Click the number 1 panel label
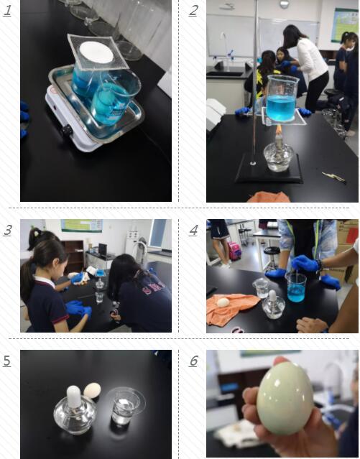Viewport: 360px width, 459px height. (x=7, y=10)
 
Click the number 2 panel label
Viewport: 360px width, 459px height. (x=193, y=10)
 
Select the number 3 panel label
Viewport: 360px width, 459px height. (x=7, y=231)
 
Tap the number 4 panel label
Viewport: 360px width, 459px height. (x=193, y=231)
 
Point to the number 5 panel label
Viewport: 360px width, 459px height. (x=7, y=361)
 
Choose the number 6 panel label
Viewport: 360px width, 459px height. (x=193, y=361)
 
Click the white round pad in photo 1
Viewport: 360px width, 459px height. (x=96, y=52)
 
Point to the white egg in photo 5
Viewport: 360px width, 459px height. (x=91, y=390)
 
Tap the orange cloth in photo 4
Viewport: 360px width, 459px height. (x=231, y=307)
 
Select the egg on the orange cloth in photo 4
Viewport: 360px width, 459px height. (x=222, y=302)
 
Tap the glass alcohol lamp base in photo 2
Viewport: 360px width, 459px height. (x=277, y=156)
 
